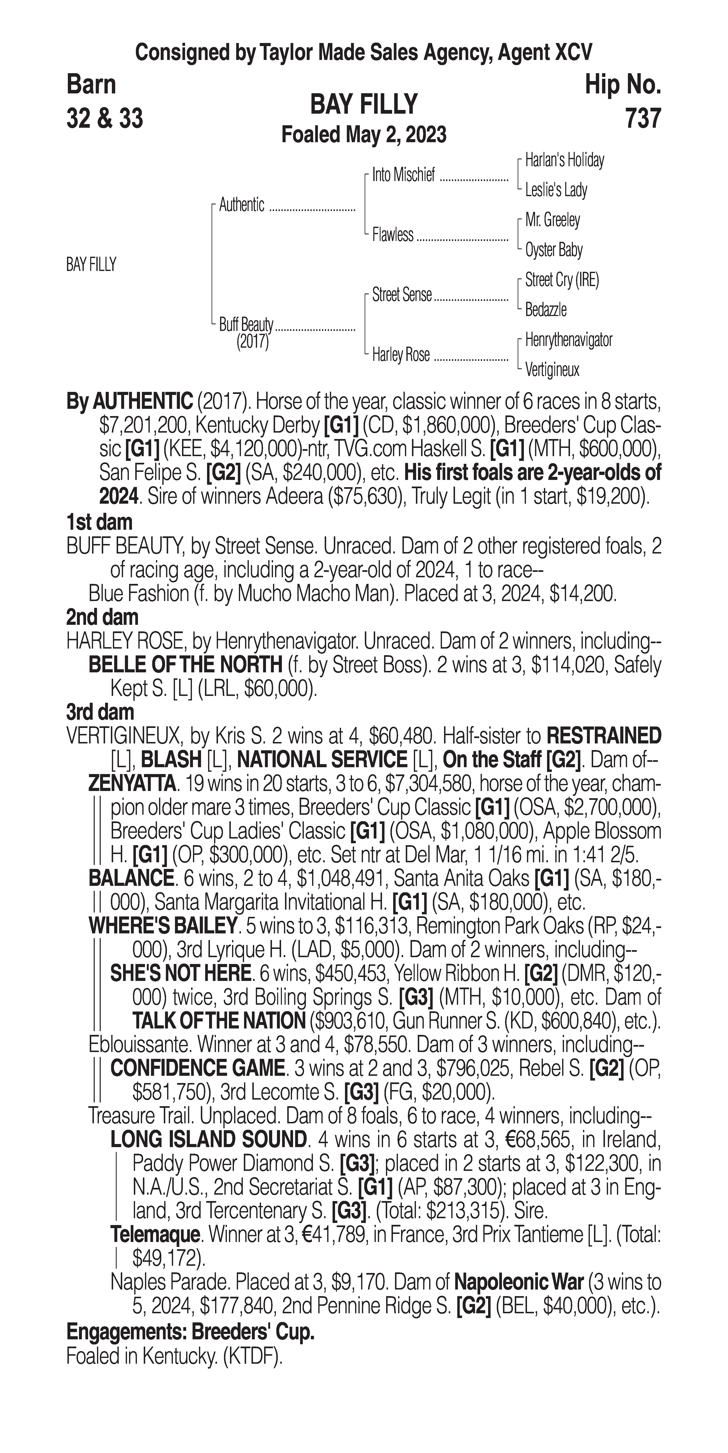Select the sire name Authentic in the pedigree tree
[242, 205]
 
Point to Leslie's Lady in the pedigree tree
[556, 190]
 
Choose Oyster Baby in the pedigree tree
[554, 250]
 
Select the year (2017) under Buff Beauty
[252, 342]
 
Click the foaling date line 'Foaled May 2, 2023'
[364, 135]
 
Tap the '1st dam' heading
[99, 522]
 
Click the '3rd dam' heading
[100, 712]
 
